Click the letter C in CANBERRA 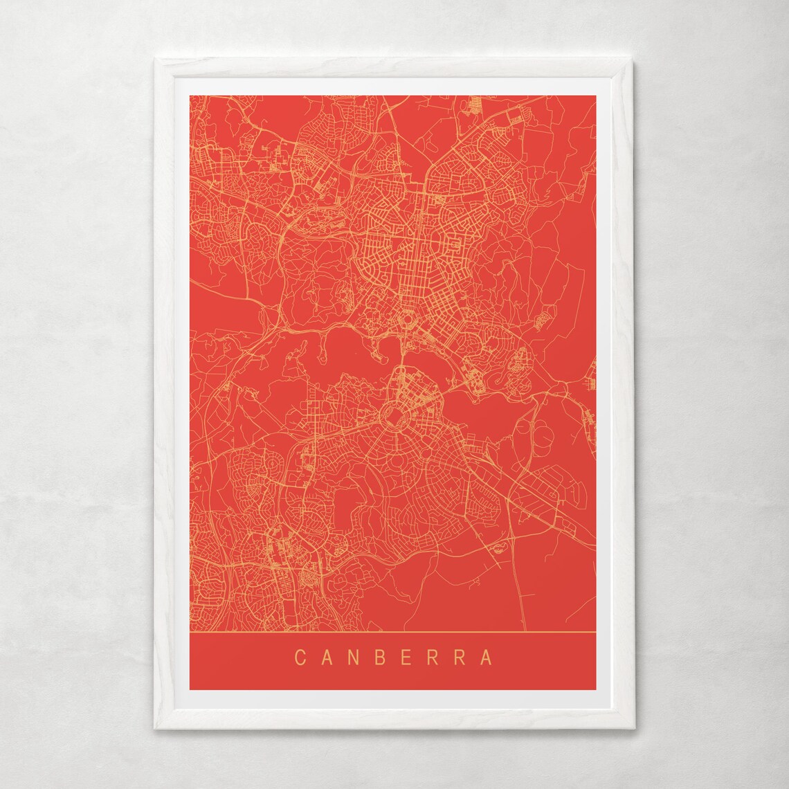pyautogui.click(x=300, y=656)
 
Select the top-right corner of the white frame pyautogui.click(x=634, y=59)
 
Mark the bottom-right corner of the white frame pyautogui.click(x=634, y=732)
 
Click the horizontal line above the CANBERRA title pyautogui.click(x=392, y=633)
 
